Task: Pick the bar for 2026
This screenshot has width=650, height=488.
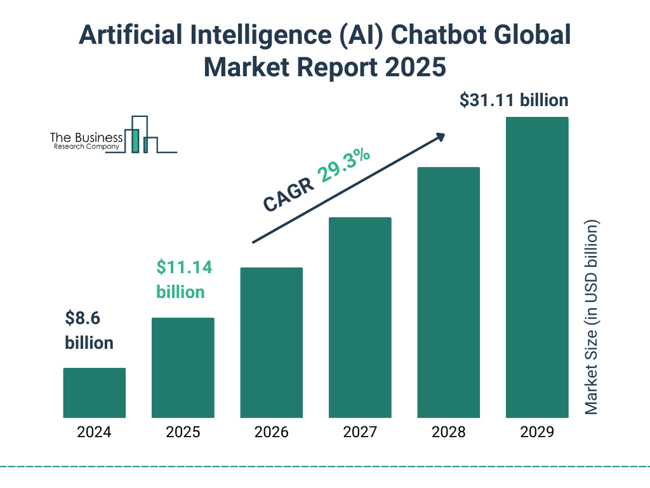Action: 271,342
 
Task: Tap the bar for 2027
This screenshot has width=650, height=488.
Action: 360,318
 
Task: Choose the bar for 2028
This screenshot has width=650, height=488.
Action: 448,292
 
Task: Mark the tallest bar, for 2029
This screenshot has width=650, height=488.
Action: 537,268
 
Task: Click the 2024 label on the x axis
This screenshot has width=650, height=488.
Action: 94,433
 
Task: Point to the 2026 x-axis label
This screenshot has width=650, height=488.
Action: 271,433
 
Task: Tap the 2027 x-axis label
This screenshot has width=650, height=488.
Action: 360,433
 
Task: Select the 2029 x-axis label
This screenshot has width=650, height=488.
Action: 537,433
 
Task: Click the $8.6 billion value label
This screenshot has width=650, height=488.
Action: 89,330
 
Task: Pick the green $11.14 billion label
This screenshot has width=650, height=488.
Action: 184,280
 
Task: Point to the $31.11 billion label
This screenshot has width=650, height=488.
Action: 514,100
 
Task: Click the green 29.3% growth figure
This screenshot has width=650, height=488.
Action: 345,166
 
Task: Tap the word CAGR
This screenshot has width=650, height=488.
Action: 288,194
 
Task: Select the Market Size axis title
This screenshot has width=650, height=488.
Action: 592,318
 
